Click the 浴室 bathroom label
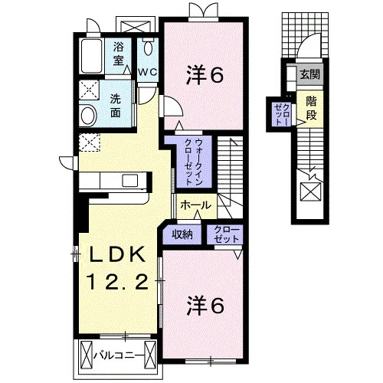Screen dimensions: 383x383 119,54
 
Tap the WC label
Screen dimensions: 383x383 148,72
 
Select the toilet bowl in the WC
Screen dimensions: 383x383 148,47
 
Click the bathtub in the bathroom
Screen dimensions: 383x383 91,56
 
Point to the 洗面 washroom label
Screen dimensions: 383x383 116,106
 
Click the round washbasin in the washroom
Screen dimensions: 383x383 88,116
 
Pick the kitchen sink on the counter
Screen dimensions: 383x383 130,181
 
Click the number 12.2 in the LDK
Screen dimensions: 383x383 118,281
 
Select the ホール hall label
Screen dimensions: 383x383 196,205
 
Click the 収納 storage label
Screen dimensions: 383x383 182,234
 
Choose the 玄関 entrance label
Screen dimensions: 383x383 310,74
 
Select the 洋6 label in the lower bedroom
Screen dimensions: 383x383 206,305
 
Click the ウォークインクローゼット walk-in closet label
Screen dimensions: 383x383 195,162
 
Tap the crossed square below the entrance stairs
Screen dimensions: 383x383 310,191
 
